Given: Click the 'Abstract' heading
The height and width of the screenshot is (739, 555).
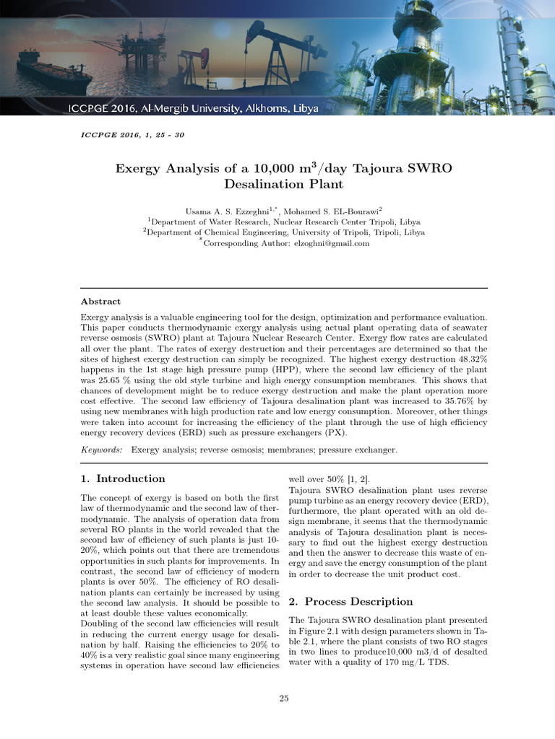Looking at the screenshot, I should [100, 302].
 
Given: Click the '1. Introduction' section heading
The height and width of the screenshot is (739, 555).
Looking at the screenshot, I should [123, 478].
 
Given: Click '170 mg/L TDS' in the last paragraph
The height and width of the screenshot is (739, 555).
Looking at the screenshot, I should [418, 663].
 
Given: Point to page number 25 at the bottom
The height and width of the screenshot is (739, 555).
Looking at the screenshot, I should [284, 699].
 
